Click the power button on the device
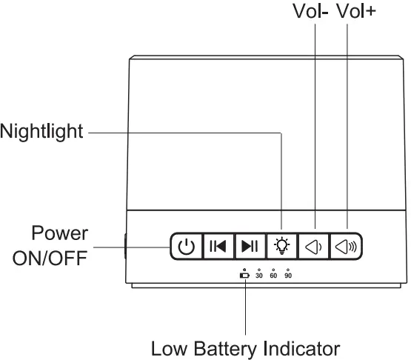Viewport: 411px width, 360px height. (x=186, y=246)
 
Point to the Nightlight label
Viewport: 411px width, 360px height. (x=42, y=134)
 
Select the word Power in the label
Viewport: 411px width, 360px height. (x=59, y=233)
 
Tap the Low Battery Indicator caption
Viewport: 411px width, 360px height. (x=245, y=347)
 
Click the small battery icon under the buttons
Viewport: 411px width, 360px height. (x=244, y=276)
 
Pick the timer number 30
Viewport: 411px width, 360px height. (x=259, y=276)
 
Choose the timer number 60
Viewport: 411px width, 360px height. (x=273, y=276)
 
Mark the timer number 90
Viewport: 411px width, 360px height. (x=288, y=276)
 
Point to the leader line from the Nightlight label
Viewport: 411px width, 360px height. (x=185, y=134)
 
